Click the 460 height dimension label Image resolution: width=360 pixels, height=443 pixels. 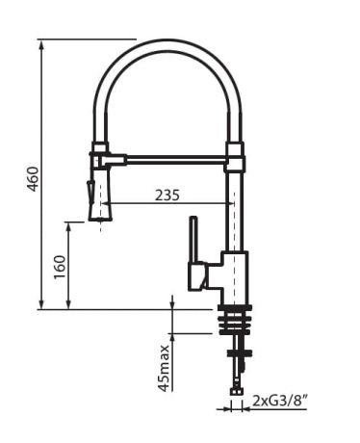tap(32, 178)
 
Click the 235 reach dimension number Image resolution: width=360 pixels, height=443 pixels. tap(167, 195)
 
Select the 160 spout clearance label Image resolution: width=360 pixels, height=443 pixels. tap(60, 266)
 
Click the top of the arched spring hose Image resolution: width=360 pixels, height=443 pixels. tap(168, 43)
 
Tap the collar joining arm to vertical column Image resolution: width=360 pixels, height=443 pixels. tap(235, 156)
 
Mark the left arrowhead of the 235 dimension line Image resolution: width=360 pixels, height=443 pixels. tap(103, 204)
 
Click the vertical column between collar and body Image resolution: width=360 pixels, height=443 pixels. tap(235, 212)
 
